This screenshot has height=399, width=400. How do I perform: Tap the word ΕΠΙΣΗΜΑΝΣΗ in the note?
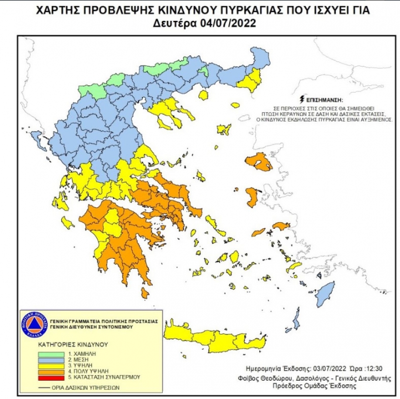pos(324,99)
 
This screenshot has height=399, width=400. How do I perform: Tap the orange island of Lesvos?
pos(259,162)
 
